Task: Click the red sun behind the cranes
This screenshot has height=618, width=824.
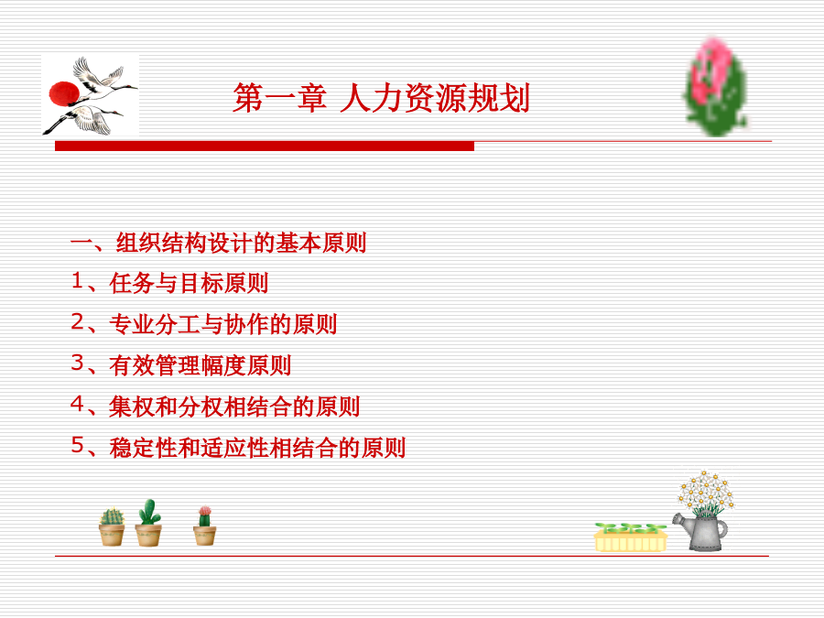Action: point(63,94)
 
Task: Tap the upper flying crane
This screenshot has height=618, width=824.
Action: point(103,79)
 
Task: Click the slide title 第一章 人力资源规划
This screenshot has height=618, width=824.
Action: point(381,98)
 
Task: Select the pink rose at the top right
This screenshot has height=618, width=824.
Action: point(716,87)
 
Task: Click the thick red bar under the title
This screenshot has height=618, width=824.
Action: point(265,146)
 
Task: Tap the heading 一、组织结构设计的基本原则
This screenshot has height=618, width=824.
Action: point(218,243)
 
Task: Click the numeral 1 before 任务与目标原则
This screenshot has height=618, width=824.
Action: point(77,281)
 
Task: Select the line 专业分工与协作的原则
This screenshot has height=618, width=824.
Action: point(222,324)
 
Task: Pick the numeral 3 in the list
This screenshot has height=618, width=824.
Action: point(77,363)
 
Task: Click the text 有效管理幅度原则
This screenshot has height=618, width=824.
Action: point(201,365)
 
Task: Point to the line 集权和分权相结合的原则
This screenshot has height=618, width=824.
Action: point(234,407)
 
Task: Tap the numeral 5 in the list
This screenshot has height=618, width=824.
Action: point(77,445)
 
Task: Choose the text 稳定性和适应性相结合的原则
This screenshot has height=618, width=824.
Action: point(257,448)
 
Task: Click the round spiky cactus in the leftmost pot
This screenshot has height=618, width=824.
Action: point(112,516)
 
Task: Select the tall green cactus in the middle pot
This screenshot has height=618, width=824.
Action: point(149,512)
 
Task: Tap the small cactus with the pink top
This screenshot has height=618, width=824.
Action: point(204,516)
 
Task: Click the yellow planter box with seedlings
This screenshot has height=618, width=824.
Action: point(631,537)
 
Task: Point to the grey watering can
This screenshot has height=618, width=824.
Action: point(701,532)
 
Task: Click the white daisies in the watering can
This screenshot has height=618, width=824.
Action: point(706,493)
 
